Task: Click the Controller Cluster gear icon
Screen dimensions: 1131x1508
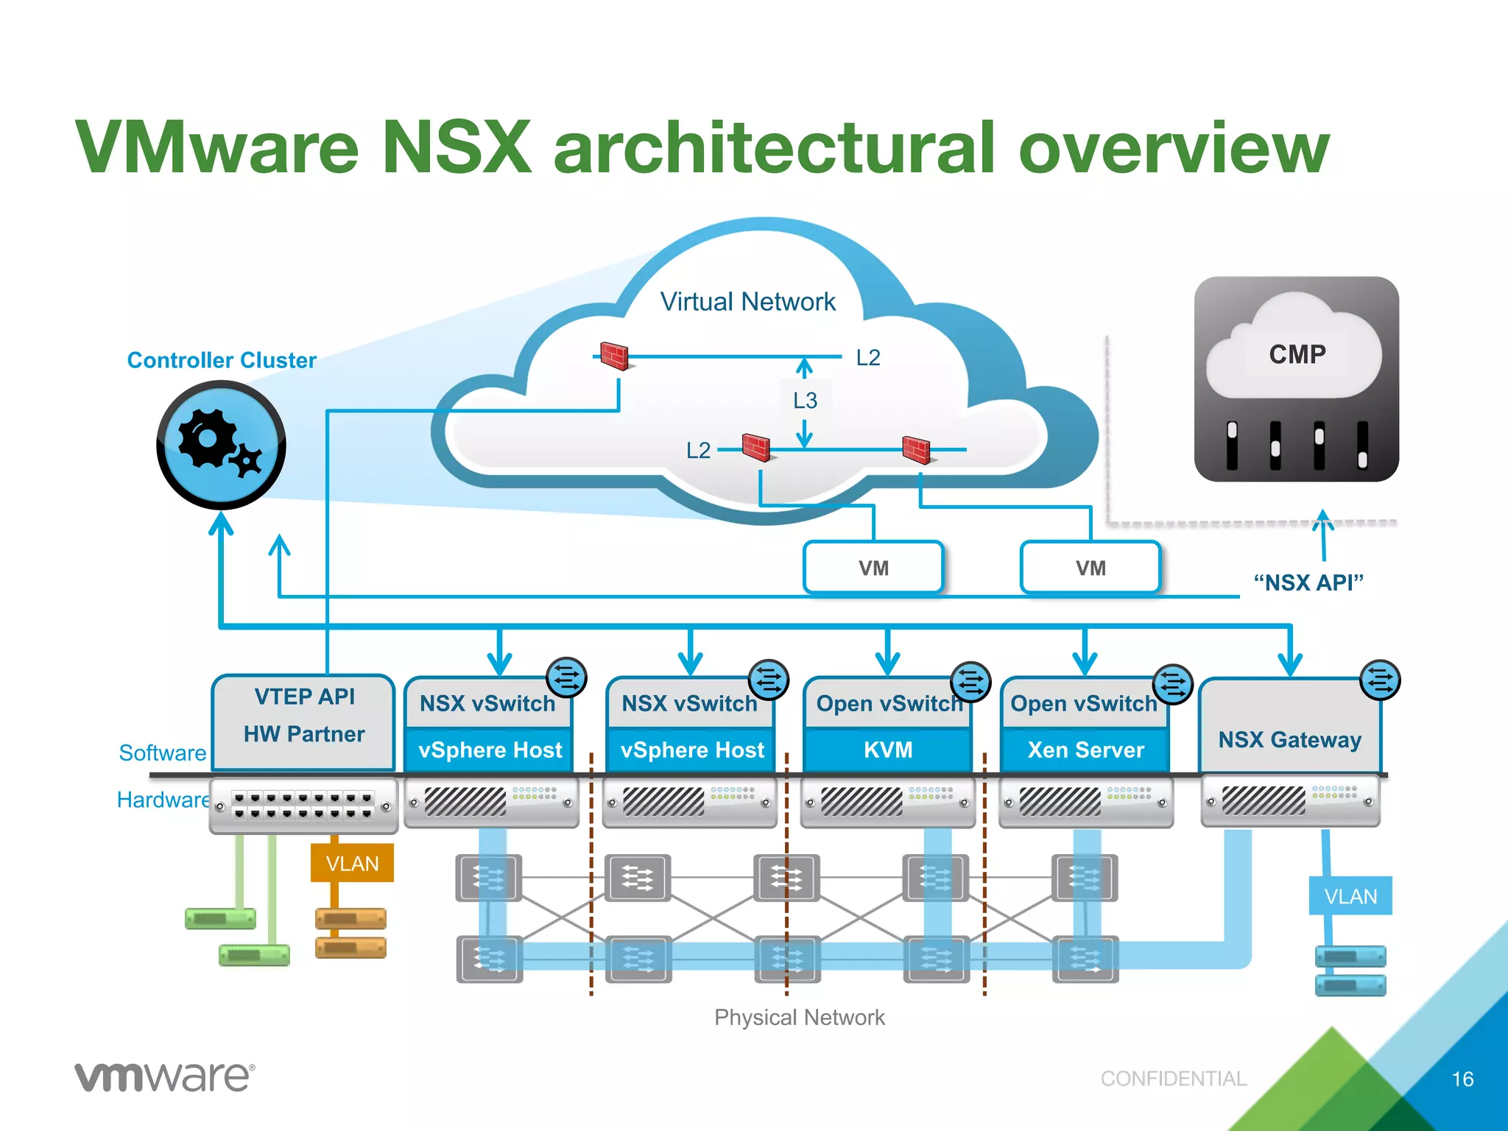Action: [221, 445]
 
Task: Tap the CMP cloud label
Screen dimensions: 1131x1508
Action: [1297, 354]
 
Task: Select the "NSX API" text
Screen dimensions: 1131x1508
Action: [1308, 582]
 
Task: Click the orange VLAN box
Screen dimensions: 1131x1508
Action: [352, 863]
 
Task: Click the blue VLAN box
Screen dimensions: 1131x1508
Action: [1350, 896]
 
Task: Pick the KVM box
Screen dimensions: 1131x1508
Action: [888, 750]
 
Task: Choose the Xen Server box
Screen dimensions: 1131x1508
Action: [1085, 750]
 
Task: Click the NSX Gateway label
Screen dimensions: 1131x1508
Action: [1289, 739]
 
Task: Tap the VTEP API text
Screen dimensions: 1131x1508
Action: [304, 697]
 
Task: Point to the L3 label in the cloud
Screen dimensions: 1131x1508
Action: [805, 401]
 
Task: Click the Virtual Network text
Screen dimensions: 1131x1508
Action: [747, 302]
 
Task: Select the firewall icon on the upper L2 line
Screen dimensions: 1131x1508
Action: [613, 356]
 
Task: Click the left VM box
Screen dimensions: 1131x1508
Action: [873, 568]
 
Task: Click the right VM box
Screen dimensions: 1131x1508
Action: [1091, 568]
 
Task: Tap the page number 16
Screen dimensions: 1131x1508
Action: [1462, 1079]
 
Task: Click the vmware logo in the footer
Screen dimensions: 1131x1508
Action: [164, 1077]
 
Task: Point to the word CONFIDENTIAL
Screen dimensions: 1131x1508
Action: [1173, 1079]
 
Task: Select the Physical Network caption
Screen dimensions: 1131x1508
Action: [799, 1018]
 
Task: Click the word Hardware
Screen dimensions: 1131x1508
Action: [163, 800]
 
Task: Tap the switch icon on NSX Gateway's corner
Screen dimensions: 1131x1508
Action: [1380, 680]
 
